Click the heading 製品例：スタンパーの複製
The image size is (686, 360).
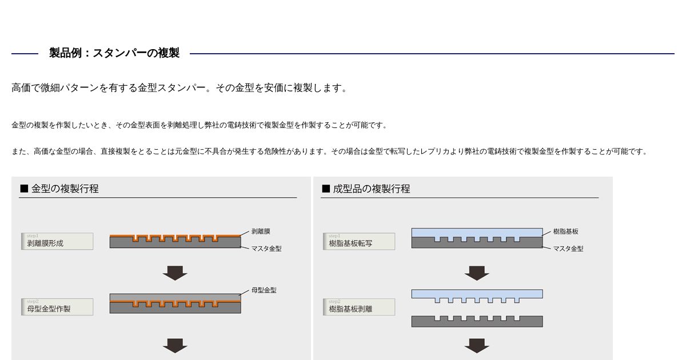click(114, 53)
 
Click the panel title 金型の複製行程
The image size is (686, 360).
click(65, 189)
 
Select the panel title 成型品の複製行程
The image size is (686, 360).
click(371, 189)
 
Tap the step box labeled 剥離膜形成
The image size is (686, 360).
click(57, 241)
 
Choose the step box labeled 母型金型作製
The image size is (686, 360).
click(57, 307)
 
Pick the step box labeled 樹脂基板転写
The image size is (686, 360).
click(359, 241)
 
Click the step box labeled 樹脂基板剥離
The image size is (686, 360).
click(359, 307)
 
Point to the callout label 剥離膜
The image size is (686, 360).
click(261, 231)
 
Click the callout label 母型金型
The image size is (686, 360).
click(264, 290)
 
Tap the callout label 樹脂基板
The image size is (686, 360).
click(565, 231)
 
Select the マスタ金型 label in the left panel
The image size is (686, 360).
click(266, 249)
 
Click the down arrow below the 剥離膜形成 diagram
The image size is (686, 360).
click(175, 273)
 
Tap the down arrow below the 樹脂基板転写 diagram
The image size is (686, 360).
click(477, 273)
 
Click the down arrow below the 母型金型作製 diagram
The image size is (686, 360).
click(175, 345)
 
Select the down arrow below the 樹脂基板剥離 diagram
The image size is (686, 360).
click(477, 345)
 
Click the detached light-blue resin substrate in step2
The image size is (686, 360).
click(477, 294)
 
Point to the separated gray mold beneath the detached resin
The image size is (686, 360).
click(477, 322)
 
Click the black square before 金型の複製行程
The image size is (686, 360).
click(24, 189)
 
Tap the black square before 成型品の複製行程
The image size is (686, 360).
click(326, 189)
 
